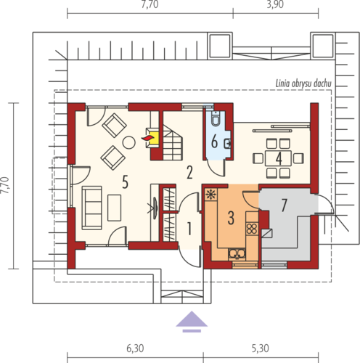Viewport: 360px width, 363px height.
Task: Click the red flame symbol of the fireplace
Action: [x=147, y=138]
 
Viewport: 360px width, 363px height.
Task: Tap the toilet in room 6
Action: [x=215, y=119]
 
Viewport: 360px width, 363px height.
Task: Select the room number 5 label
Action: [x=125, y=182]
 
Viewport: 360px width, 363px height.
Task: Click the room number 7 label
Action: [x=285, y=205]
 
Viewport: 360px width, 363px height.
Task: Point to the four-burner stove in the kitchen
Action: [x=252, y=229]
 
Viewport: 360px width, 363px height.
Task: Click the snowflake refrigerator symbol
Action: [x=211, y=195]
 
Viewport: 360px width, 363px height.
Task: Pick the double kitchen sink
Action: [x=237, y=254]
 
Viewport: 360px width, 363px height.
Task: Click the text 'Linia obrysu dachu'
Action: [x=303, y=83]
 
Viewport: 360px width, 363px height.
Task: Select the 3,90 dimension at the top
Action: [x=275, y=4]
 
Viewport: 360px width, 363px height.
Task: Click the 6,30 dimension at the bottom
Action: [x=135, y=348]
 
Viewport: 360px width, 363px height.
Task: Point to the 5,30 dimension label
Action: [x=261, y=348]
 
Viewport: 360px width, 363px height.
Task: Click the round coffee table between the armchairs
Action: [x=128, y=142]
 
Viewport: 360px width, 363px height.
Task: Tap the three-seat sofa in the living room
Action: [x=91, y=208]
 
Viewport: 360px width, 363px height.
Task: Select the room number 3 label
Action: [x=231, y=218]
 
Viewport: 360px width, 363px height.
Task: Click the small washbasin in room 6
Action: [x=227, y=144]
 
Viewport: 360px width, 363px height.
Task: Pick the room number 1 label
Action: [x=189, y=229]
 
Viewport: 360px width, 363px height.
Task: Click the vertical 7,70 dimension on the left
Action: [x=5, y=186]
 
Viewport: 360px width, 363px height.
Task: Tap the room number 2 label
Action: [x=189, y=172]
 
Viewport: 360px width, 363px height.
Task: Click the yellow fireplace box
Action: [x=154, y=138]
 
